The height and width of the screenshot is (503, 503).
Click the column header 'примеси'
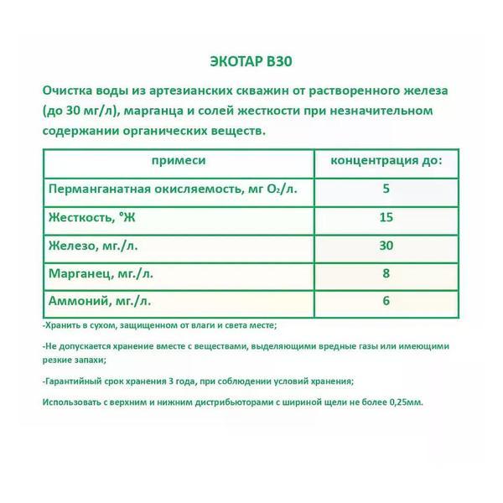[178, 160]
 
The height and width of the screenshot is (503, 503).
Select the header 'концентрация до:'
[386, 160]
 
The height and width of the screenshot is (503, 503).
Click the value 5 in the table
[386, 189]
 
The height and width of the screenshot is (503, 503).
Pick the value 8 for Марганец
[386, 272]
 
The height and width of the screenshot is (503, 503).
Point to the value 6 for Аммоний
[386, 300]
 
